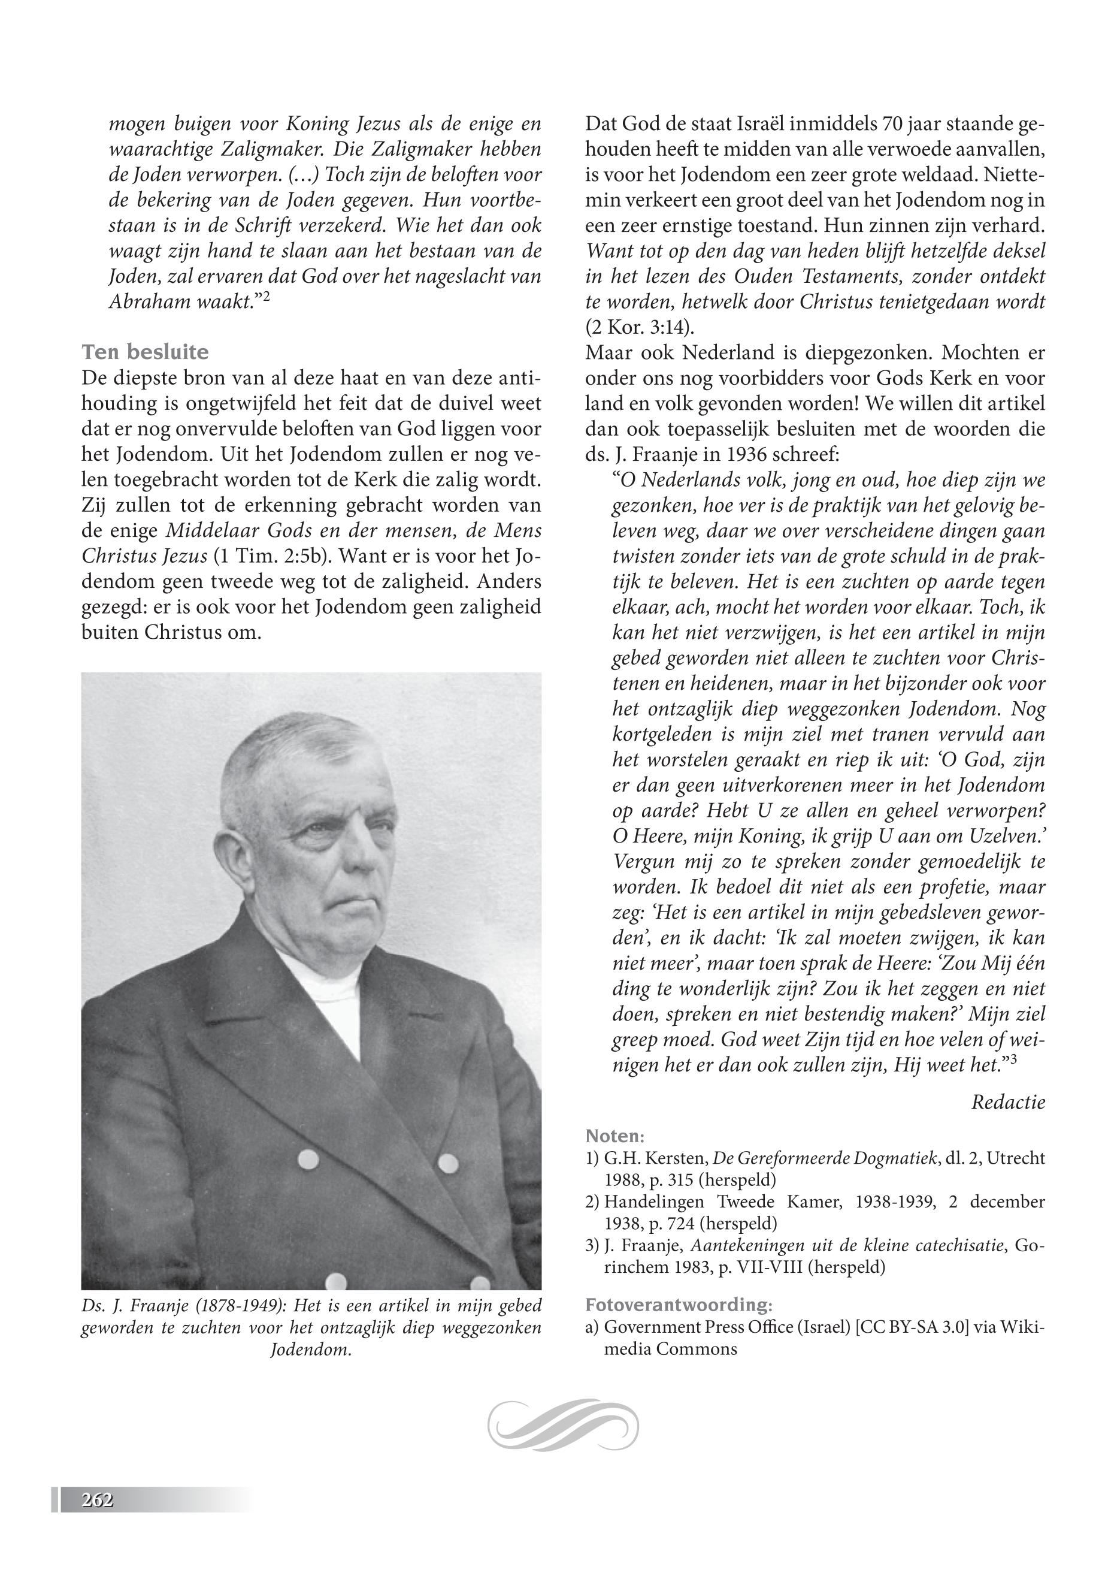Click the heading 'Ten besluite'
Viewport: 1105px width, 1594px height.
[145, 352]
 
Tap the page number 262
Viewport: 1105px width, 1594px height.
[97, 1500]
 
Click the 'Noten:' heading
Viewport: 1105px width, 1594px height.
[615, 1136]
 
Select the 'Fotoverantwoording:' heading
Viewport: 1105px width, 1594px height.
[679, 1305]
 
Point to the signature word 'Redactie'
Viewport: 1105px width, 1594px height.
[1007, 1101]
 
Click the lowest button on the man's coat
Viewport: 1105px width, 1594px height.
[335, 1280]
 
